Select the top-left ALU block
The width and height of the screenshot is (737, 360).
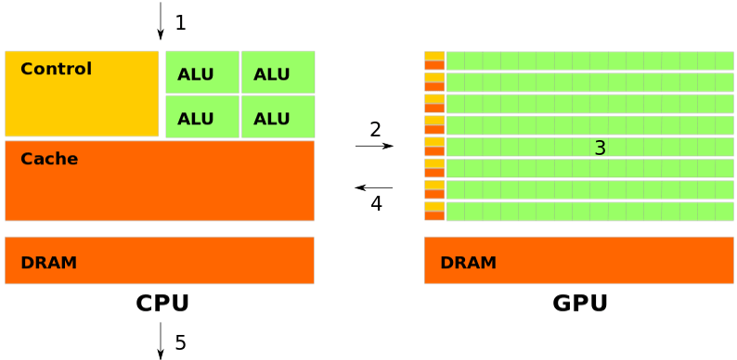pos(201,72)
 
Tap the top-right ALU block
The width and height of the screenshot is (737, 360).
pos(278,72)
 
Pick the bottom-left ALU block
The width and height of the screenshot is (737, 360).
pos(201,117)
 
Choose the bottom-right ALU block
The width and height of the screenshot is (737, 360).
pos(278,117)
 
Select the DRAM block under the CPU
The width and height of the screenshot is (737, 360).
pos(160,261)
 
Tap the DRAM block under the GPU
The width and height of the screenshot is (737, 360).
pos(578,261)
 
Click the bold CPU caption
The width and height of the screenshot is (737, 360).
pos(162,303)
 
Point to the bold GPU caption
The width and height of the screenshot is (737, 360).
pos(580,303)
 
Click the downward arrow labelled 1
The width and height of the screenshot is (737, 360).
pos(161,20)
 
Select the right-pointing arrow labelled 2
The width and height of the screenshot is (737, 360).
pos(374,147)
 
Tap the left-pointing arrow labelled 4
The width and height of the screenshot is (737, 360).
pos(374,187)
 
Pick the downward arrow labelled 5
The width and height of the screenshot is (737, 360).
pos(161,341)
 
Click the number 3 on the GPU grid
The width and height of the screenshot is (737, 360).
pos(600,148)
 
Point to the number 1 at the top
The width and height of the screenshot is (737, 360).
pos(180,22)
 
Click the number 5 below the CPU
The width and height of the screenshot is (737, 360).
pos(180,343)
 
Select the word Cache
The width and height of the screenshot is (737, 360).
pos(49,159)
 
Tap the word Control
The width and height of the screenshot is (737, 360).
pos(56,69)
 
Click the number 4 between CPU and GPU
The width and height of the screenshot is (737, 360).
pos(376,203)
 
